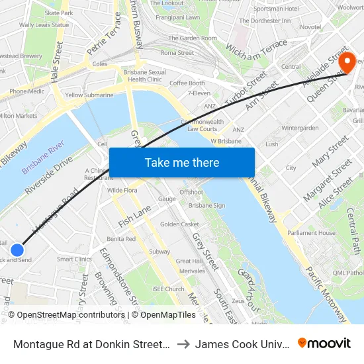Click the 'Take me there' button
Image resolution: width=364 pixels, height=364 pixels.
click(x=182, y=162)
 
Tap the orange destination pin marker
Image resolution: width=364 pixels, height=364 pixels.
click(x=347, y=63)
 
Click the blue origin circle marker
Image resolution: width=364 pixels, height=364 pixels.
click(x=17, y=250)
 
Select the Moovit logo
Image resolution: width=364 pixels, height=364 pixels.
click(x=324, y=343)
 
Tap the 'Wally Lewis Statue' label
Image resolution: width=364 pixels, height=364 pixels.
click(x=44, y=25)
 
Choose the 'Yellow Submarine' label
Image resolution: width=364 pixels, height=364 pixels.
click(x=89, y=95)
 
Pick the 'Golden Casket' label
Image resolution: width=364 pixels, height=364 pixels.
click(x=179, y=224)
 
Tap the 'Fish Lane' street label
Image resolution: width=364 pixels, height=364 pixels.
click(x=135, y=215)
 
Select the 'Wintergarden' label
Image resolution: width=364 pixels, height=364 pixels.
click(x=300, y=128)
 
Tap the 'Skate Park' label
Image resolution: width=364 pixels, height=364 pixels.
click(x=59, y=13)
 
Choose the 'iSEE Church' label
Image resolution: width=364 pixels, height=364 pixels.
click(x=168, y=289)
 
